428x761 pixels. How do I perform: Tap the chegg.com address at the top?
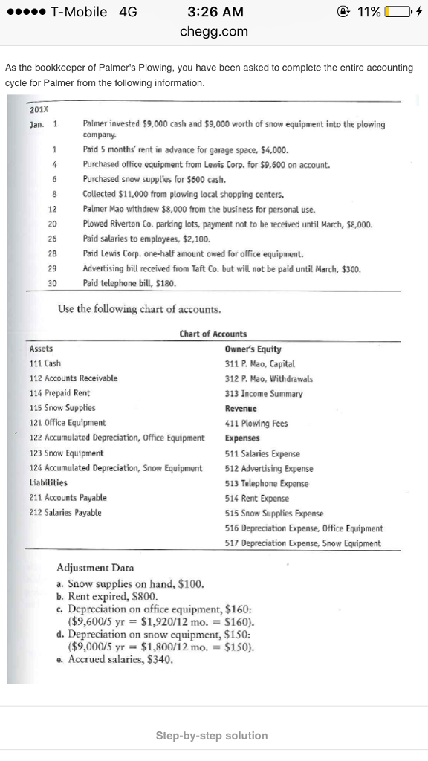point(214,32)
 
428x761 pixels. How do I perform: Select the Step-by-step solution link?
point(212,736)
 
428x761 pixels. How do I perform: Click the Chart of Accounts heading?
point(213,334)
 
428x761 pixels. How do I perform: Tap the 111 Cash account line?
point(45,363)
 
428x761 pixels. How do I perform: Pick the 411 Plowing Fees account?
point(256,424)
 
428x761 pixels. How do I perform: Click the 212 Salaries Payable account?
point(65,513)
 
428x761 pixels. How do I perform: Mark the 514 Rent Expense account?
point(256,499)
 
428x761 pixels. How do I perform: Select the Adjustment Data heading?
point(95,569)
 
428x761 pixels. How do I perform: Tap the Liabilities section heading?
point(48,483)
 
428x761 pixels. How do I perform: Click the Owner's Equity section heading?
point(253,349)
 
